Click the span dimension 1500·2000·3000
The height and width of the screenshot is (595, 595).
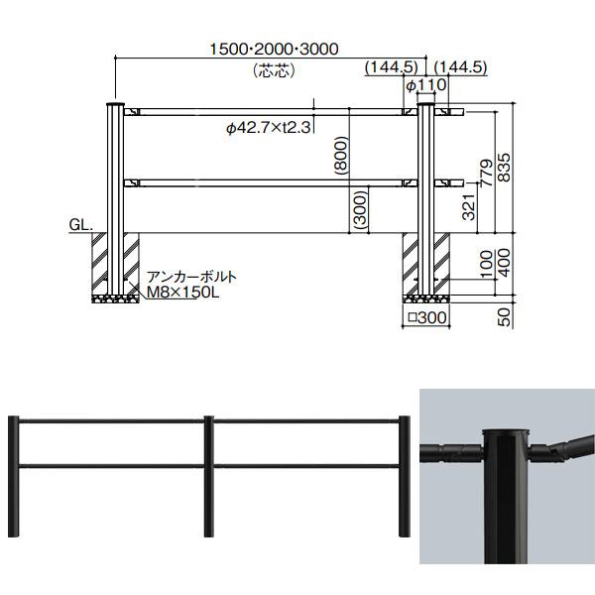pyautogui.click(x=274, y=50)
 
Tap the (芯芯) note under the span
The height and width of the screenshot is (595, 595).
pyautogui.click(x=274, y=70)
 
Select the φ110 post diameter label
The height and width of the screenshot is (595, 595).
pyautogui.click(x=426, y=85)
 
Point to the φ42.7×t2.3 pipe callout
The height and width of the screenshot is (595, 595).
pyautogui.click(x=269, y=128)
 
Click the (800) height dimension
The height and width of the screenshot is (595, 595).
pyautogui.click(x=341, y=156)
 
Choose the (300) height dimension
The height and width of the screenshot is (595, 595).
pyautogui.click(x=361, y=208)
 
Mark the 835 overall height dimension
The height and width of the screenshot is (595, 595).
pyautogui.click(x=504, y=168)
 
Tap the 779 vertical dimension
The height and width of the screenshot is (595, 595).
pyautogui.click(x=486, y=173)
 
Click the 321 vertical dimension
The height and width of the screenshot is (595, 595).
pyautogui.click(x=469, y=207)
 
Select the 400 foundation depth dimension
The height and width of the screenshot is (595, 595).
pyautogui.click(x=504, y=263)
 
